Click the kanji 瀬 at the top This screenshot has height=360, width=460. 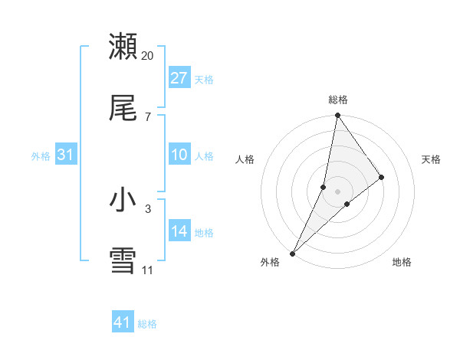(x=123, y=47)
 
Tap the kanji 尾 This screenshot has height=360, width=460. (x=123, y=109)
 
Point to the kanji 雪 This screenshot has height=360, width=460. (x=123, y=261)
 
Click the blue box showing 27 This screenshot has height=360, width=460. (x=179, y=78)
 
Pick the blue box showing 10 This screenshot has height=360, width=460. (x=179, y=155)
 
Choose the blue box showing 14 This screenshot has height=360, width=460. (x=179, y=232)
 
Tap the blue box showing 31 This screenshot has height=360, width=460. (x=66, y=155)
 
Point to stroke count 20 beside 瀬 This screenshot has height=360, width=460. (x=148, y=56)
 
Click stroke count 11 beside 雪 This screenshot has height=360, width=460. (x=147, y=270)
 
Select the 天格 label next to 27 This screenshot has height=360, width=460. (x=204, y=79)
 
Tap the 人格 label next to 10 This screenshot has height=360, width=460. (x=204, y=156)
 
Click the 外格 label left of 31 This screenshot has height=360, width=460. (x=41, y=156)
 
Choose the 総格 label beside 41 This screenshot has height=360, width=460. (x=147, y=324)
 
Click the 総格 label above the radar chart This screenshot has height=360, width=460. (x=338, y=100)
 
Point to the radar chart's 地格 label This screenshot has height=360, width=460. (x=402, y=262)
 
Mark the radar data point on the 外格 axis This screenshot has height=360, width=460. (x=293, y=253)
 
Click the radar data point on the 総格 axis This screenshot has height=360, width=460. (x=337, y=116)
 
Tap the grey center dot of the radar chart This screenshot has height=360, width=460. (x=337, y=191)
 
